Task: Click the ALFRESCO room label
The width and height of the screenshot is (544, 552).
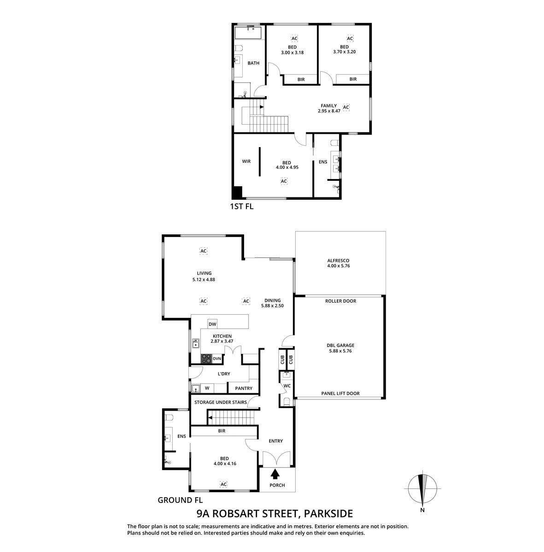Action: coord(338,260)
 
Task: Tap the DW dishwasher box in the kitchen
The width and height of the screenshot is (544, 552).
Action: coord(212,324)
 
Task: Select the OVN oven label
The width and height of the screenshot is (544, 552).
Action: coord(216,359)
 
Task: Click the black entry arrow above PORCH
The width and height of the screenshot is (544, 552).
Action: coord(275,473)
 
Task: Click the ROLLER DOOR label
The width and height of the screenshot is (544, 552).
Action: coord(340,301)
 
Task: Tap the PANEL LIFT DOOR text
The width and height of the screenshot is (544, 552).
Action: coord(340,393)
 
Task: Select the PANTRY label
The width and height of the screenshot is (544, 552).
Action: coord(244,388)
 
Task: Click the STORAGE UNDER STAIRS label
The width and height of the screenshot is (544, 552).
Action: coord(220,402)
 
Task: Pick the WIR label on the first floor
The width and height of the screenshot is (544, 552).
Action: coord(246,161)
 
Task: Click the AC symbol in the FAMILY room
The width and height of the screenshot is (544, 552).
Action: coord(346,107)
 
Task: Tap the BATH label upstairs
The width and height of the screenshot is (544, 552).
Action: coord(253,63)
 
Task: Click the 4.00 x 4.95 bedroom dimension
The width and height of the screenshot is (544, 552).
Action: coord(287,167)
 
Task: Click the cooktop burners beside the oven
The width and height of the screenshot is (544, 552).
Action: coord(206,359)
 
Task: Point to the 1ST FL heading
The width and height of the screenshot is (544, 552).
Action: coord(241,206)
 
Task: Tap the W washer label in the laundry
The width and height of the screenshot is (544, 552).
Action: coord(207,388)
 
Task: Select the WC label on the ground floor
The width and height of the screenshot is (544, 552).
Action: coord(287,386)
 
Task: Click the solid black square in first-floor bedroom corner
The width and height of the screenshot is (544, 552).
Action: coord(237,192)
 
